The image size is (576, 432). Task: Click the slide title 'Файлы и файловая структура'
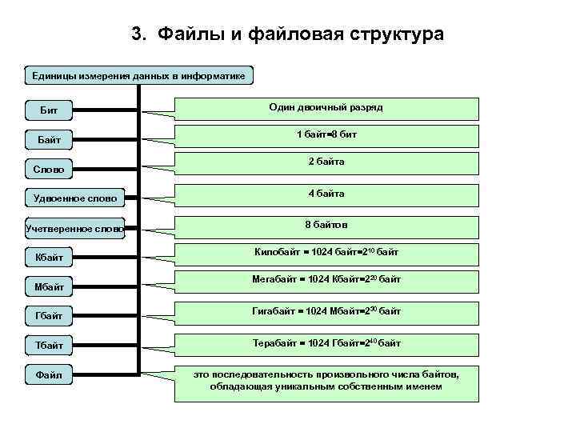287,35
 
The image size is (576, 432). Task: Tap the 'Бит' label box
50,109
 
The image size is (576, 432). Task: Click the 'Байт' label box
50,139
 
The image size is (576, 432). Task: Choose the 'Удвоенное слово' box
75,198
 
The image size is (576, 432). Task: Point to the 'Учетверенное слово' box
75,229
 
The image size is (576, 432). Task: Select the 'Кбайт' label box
50,258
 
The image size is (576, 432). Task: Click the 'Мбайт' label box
50,286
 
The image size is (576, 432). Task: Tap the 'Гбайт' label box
50,315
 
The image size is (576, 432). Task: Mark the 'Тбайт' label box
50,344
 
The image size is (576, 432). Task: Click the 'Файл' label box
50,374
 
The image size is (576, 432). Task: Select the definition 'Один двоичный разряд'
326,106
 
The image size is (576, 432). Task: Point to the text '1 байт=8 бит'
326,134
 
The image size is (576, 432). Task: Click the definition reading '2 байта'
326,162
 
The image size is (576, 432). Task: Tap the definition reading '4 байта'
326,194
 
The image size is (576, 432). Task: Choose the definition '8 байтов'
326,225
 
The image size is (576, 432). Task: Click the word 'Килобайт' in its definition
277,253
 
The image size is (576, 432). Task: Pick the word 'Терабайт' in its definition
276,343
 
